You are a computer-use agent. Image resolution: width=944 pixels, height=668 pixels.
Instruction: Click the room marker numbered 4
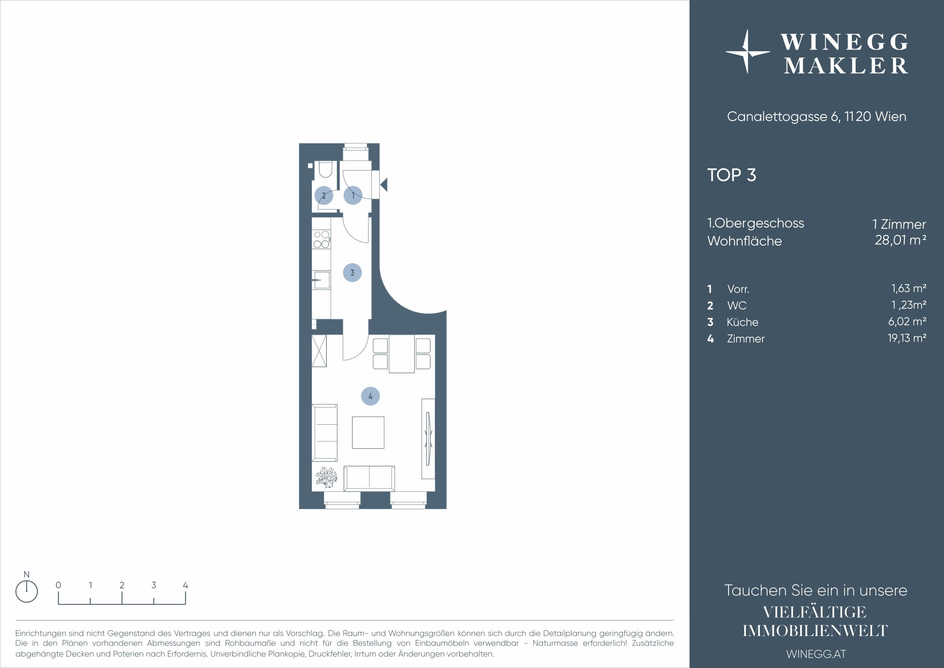coord(370,396)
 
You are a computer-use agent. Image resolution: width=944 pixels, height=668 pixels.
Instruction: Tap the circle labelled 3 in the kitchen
coord(352,272)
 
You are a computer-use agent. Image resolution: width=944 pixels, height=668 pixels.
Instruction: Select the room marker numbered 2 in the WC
coord(323,195)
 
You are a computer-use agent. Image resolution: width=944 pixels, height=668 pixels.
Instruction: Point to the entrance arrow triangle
coord(384,184)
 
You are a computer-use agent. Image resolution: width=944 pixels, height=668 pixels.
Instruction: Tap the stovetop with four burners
coord(322,239)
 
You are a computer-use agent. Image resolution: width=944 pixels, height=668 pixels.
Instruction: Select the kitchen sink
coord(321,280)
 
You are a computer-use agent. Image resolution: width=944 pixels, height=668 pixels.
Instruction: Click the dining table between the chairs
coord(402,354)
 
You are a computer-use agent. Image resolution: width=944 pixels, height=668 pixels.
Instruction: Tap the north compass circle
coord(26,592)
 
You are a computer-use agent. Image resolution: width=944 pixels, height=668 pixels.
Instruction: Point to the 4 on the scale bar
coord(185,585)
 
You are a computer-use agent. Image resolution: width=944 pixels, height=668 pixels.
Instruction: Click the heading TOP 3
coord(732,175)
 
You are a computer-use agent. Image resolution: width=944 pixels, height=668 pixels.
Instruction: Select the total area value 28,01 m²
coord(900,240)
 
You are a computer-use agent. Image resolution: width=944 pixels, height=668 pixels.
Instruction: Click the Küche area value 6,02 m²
coord(907,321)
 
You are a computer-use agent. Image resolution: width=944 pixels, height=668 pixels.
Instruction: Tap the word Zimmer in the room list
coord(746,339)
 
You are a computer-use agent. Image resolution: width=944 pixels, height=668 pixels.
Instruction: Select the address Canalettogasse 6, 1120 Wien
coord(817,117)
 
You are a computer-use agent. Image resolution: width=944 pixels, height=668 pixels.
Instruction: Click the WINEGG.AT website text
coord(817,654)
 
